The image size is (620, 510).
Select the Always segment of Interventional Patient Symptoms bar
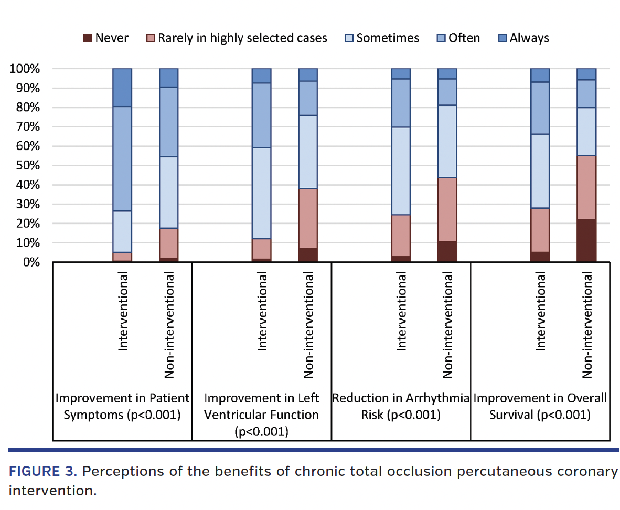[122, 88]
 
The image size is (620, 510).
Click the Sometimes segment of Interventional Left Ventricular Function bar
[262, 193]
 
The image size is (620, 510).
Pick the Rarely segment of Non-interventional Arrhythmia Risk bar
[447, 210]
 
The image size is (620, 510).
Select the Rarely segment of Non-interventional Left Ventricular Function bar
[308, 218]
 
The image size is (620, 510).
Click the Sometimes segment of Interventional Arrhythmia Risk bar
[401, 171]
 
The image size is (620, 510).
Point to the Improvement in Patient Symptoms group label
[122, 406]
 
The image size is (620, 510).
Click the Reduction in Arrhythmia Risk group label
[401, 406]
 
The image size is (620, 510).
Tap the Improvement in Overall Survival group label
[540, 406]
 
